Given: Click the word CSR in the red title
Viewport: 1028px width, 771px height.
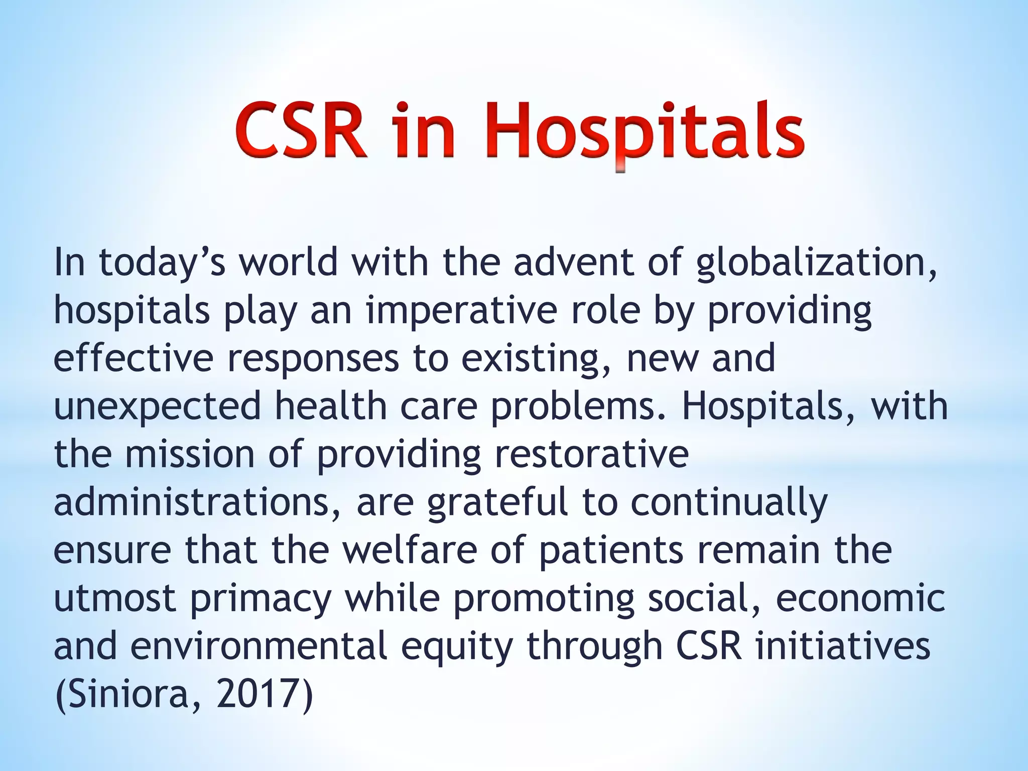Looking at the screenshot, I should (300, 132).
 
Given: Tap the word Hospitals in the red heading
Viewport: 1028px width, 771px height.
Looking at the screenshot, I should (645, 132).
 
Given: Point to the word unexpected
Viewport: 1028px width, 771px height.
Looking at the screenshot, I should (157, 407).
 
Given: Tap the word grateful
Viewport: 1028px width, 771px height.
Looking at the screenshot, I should (497, 502).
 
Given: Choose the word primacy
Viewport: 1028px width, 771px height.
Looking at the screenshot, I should (261, 598).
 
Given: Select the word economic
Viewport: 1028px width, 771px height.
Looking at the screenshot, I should (860, 598).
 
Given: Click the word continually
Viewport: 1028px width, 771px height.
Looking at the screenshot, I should (728, 502).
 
